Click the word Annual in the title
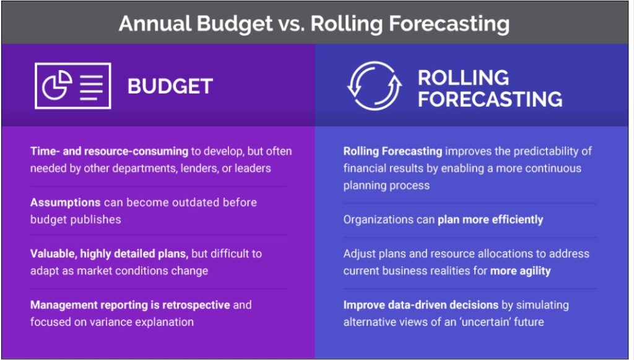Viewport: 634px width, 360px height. [154, 24]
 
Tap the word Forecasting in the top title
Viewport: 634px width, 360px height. [449, 24]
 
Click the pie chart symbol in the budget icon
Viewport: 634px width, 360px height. [57, 86]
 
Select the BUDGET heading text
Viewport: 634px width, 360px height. [170, 86]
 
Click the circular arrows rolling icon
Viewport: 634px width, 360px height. [375, 86]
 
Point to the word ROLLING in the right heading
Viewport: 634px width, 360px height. [463, 77]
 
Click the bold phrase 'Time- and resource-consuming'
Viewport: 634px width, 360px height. [109, 151]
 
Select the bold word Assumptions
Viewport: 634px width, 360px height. [66, 203]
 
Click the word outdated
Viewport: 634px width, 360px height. [189, 202]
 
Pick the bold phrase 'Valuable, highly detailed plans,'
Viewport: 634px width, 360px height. [109, 254]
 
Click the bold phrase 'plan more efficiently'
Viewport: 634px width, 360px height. [490, 219]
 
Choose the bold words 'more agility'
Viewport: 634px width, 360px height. [520, 271]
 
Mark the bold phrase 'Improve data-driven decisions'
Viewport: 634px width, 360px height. [421, 305]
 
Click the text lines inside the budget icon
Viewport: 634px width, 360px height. [91, 86]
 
